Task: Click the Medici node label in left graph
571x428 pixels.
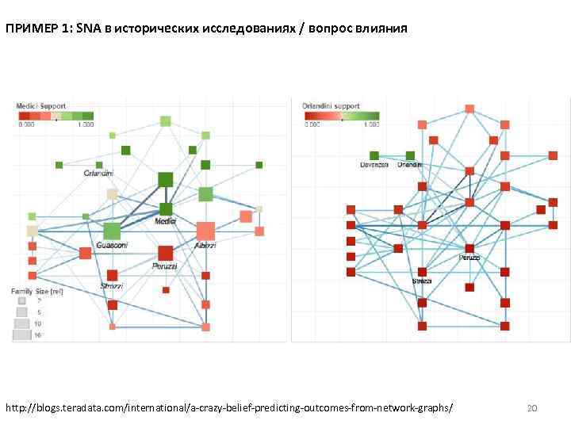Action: [166, 221]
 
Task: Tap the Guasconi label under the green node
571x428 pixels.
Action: [112, 246]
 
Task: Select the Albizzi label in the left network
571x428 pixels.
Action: [205, 246]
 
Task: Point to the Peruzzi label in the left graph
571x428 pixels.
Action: [165, 266]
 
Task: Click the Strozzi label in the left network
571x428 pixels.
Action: [112, 286]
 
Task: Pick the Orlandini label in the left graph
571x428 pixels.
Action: [98, 173]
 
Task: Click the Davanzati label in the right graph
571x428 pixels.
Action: [375, 165]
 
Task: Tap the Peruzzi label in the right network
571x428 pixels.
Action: [469, 258]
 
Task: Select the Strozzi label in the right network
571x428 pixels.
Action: [422, 281]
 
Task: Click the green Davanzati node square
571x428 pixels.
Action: [374, 155]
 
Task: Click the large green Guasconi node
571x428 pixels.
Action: [112, 231]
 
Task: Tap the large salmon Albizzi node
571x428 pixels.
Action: [205, 231]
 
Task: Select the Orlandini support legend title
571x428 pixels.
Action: [331, 105]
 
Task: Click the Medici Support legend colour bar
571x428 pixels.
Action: [56, 116]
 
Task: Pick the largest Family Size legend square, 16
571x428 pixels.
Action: [21, 335]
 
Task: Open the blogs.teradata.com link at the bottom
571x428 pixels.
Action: [230, 407]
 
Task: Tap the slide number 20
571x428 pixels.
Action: [532, 408]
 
